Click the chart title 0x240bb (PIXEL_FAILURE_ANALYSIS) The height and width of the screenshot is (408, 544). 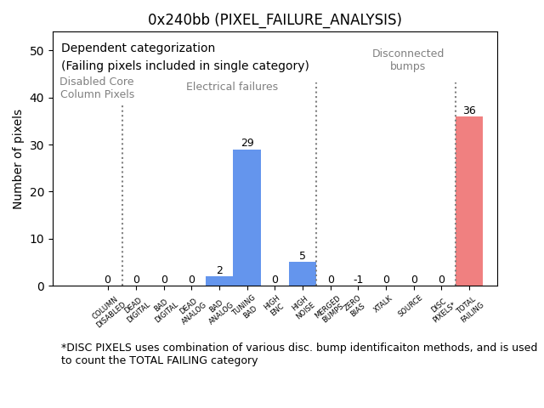pyautogui.click(x=275, y=20)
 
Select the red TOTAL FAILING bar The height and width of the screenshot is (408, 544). pyautogui.click(x=468, y=201)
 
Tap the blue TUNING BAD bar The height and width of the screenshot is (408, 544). pyautogui.click(x=246, y=218)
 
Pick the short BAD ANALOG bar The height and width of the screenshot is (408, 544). pyautogui.click(x=219, y=281)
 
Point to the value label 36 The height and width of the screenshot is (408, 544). pyautogui.click(x=469, y=110)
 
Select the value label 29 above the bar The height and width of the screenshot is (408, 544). pyautogui.click(x=247, y=143)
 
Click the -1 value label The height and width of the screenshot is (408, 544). pyautogui.click(x=358, y=280)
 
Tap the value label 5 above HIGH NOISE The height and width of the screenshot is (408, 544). pyautogui.click(x=302, y=256)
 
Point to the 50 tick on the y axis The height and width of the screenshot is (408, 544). pyautogui.click(x=37, y=51)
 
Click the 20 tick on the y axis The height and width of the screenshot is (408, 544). pyautogui.click(x=37, y=192)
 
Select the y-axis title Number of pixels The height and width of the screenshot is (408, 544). pyautogui.click(x=18, y=159)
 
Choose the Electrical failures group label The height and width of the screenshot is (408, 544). pyautogui.click(x=232, y=87)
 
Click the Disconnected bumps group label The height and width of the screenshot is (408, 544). pyautogui.click(x=408, y=60)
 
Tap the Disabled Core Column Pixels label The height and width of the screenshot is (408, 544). pyautogui.click(x=97, y=88)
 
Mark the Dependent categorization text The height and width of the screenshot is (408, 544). pyautogui.click(x=138, y=48)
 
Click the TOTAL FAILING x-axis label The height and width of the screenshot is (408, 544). pyautogui.click(x=469, y=309)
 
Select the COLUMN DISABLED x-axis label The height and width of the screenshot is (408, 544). pyautogui.click(x=108, y=311)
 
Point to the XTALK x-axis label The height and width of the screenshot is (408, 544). pyautogui.click(x=382, y=304)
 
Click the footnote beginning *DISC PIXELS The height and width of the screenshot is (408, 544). pyautogui.click(x=298, y=354)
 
